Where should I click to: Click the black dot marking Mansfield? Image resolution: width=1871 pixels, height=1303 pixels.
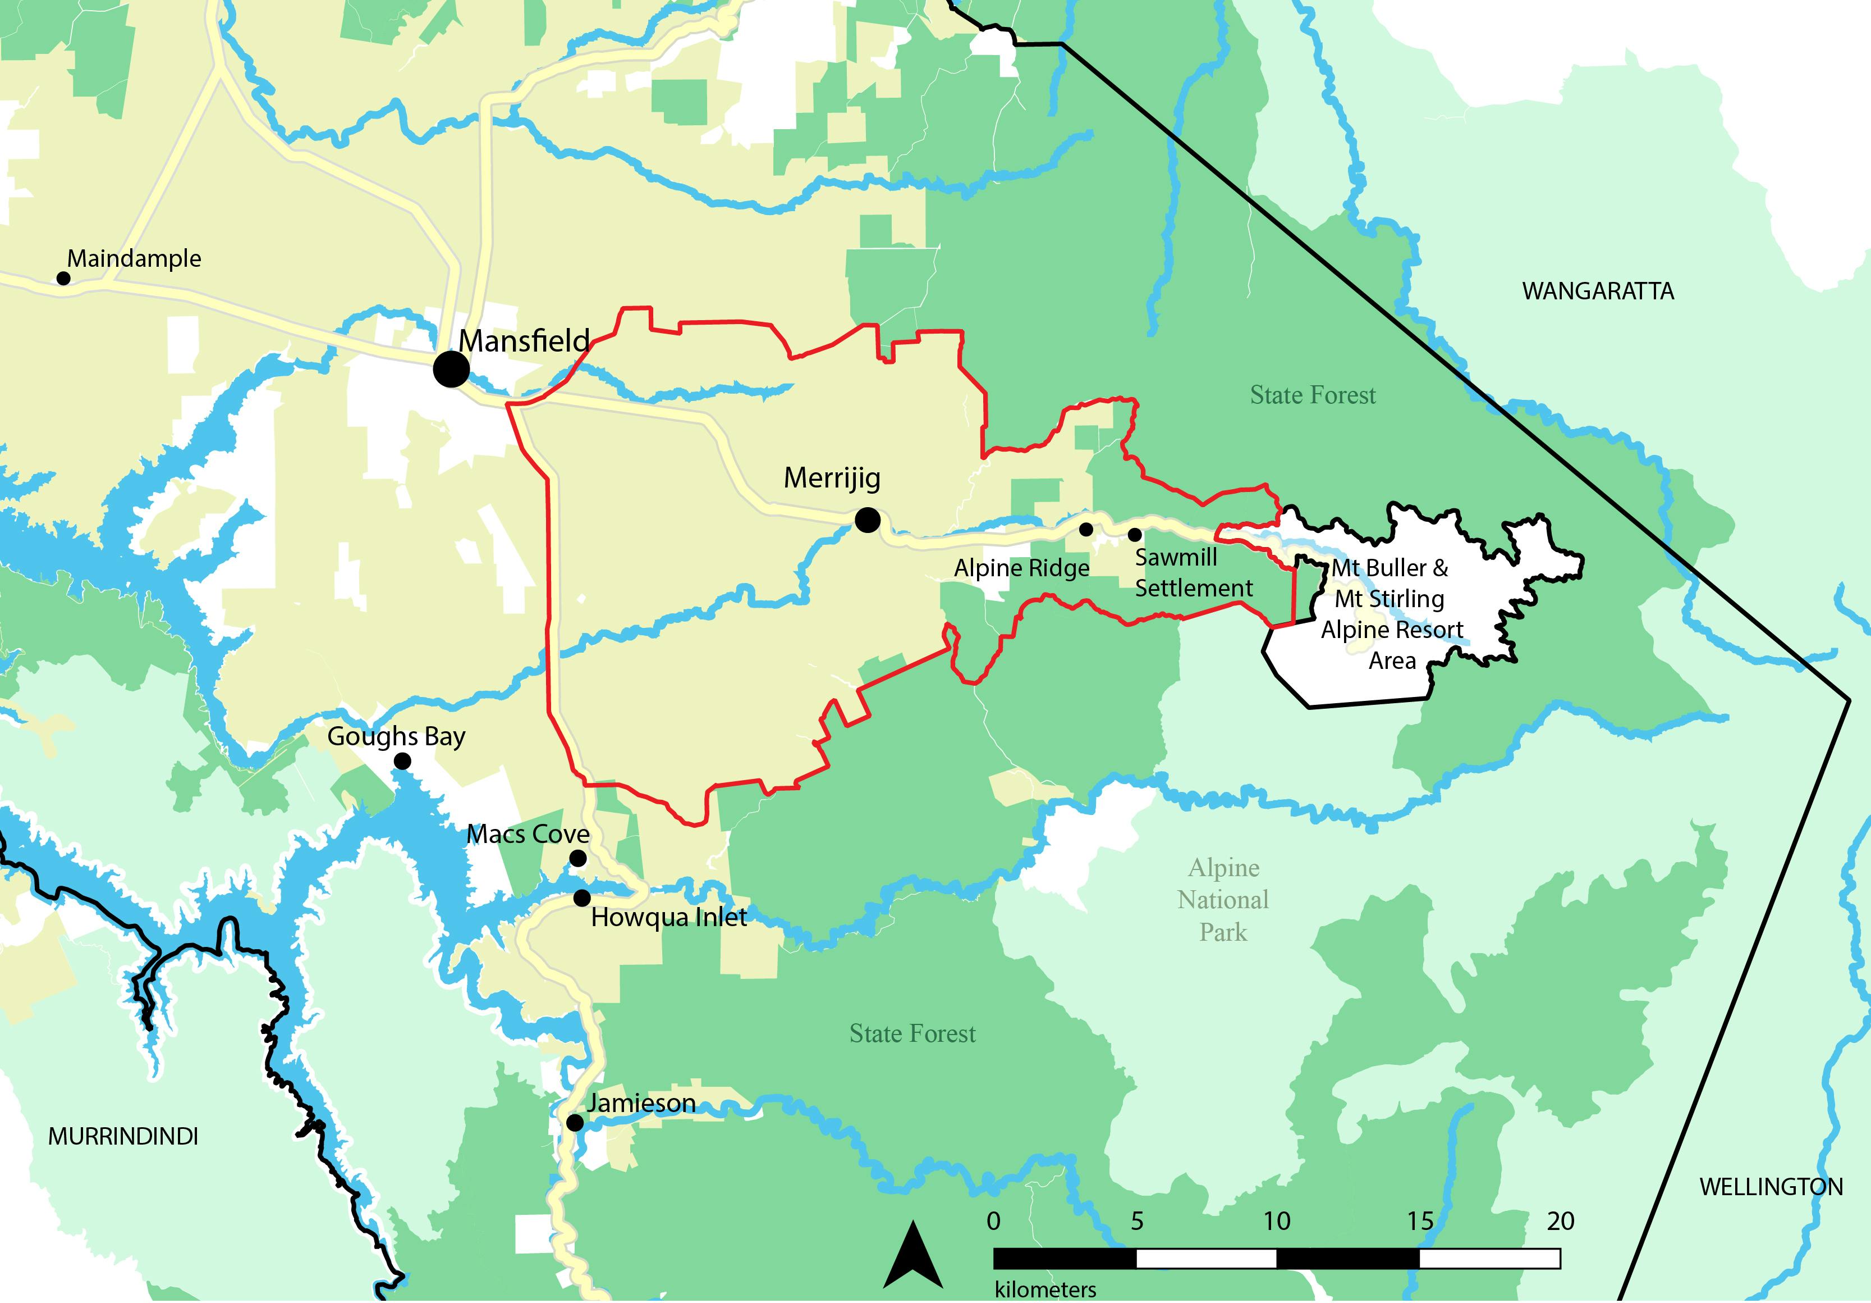coord(451,370)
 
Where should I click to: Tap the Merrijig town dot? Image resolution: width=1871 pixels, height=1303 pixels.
coord(868,520)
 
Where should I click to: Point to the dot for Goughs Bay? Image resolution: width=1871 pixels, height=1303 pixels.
coord(402,761)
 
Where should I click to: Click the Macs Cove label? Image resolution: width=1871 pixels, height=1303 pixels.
coord(528,834)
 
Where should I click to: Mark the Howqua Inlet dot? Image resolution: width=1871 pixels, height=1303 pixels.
coord(582,897)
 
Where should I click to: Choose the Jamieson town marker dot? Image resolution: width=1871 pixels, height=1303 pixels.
coord(575,1123)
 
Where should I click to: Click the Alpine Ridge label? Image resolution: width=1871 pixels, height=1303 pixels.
coord(1022,568)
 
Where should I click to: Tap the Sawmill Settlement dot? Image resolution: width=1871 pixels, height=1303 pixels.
coord(1134,535)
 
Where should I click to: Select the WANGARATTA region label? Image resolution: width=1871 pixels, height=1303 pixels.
coord(1598,291)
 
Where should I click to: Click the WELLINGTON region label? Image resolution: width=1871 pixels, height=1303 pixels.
coord(1771,1187)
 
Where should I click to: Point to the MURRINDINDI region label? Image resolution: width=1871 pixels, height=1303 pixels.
coord(123,1137)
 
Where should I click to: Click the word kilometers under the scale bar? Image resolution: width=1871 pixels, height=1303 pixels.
coord(1045,1290)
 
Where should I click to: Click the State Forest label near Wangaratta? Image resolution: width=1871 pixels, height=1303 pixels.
coord(1313,395)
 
